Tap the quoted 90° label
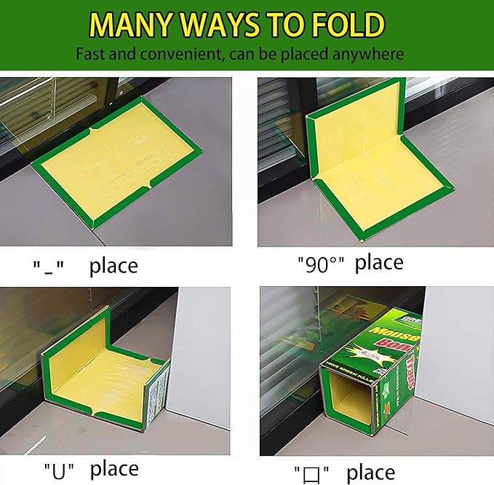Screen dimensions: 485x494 pos(320,264)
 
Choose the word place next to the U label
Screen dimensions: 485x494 pos(113,468)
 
